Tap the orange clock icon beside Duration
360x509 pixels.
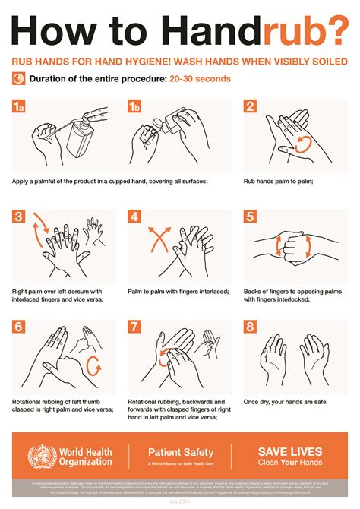pyautogui.click(x=18, y=78)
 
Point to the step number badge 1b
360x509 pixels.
pyautogui.click(x=134, y=107)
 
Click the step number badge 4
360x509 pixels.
pyautogui.click(x=134, y=217)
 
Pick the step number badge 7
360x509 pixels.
pyautogui.click(x=134, y=327)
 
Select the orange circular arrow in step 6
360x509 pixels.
pyautogui.click(x=95, y=367)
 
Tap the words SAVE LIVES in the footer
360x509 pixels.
pyautogui.click(x=290, y=451)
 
